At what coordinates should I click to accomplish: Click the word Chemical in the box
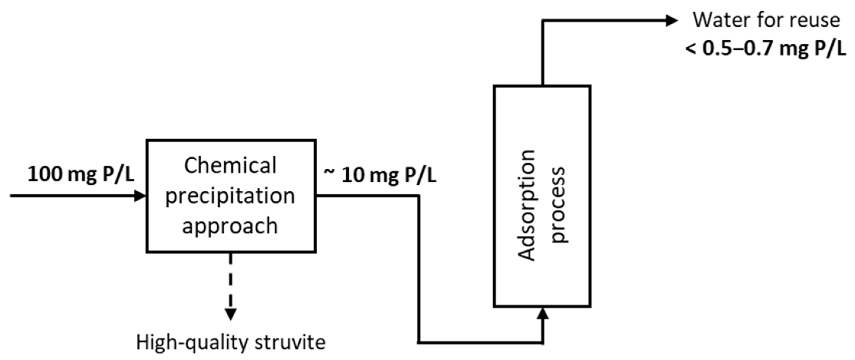click(x=230, y=165)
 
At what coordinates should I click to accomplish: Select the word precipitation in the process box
click(x=230, y=196)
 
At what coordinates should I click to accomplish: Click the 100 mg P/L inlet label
click(x=81, y=174)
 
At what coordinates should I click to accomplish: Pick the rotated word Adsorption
click(x=526, y=205)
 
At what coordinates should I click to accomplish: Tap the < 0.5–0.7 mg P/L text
click(x=766, y=49)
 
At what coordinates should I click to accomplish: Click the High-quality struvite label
click(x=231, y=343)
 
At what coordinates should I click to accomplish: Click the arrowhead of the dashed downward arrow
click(x=231, y=314)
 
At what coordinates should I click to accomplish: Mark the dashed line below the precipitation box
click(x=231, y=279)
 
